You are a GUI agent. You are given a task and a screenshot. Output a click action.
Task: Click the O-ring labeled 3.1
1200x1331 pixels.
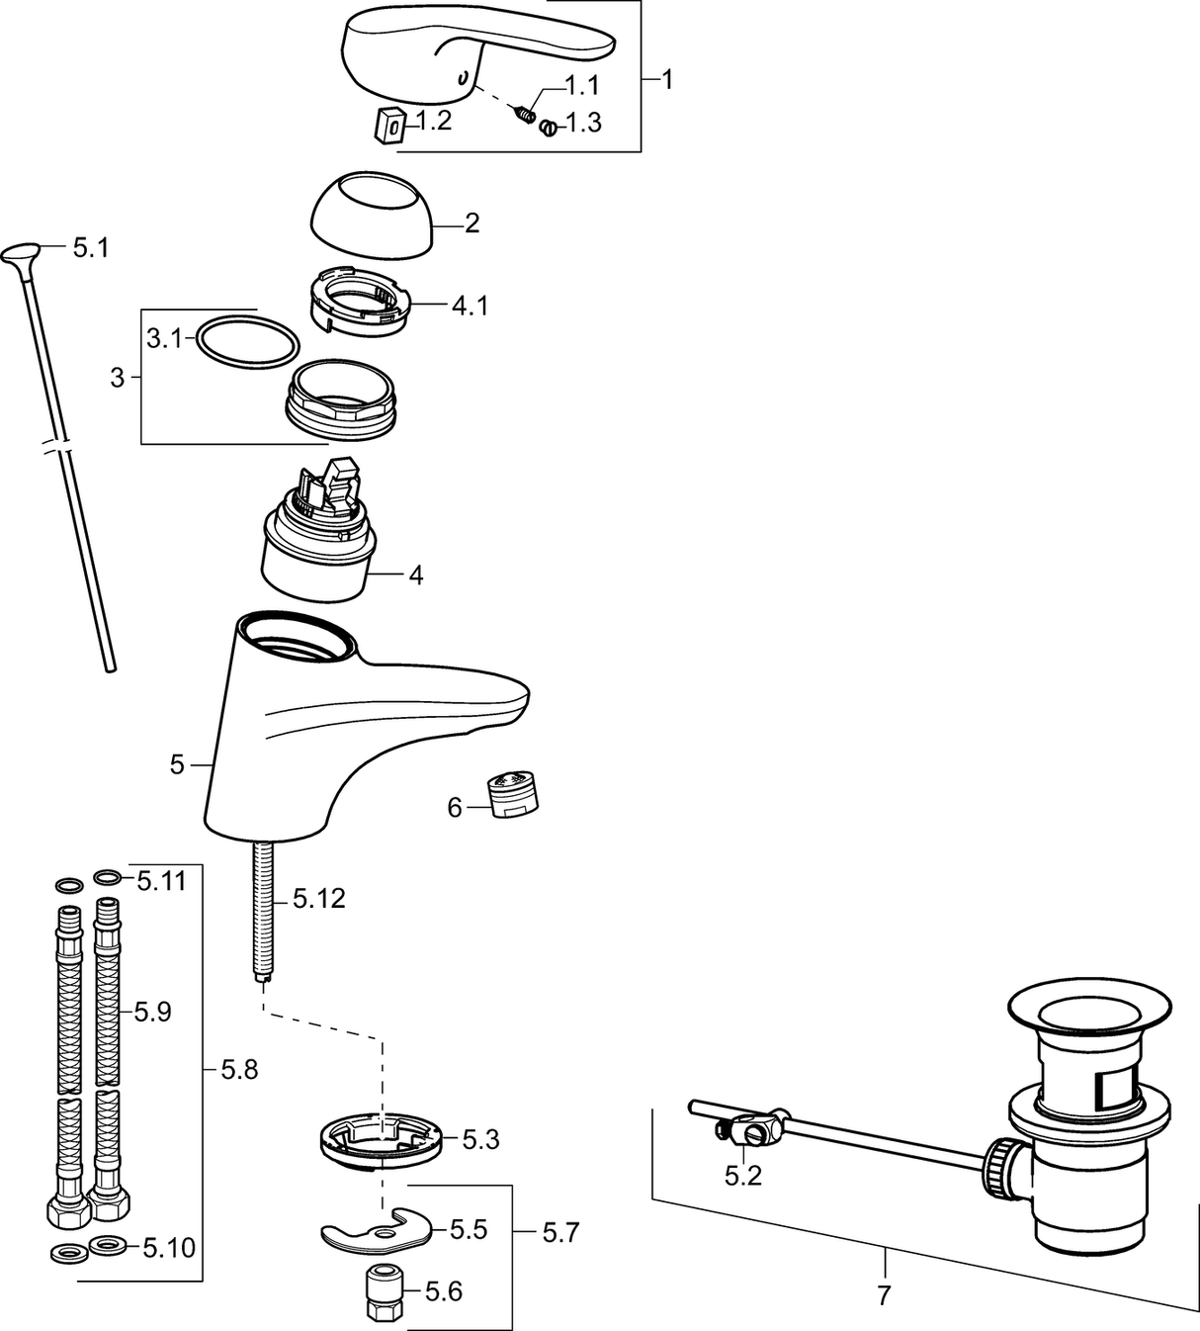click(x=247, y=340)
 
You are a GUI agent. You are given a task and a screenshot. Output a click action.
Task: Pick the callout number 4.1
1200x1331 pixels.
click(x=471, y=306)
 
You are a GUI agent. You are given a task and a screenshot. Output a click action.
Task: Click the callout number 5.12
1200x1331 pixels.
click(x=319, y=899)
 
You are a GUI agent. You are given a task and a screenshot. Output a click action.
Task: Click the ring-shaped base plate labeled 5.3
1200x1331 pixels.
click(x=380, y=1141)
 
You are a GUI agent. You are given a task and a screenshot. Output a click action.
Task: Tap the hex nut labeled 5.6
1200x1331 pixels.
click(x=382, y=1292)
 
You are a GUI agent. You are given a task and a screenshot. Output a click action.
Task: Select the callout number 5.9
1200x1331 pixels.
click(x=153, y=1012)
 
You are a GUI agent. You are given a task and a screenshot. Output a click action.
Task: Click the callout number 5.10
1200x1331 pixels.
click(x=169, y=1248)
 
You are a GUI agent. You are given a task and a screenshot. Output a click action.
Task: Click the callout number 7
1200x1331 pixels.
click(x=884, y=1293)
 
